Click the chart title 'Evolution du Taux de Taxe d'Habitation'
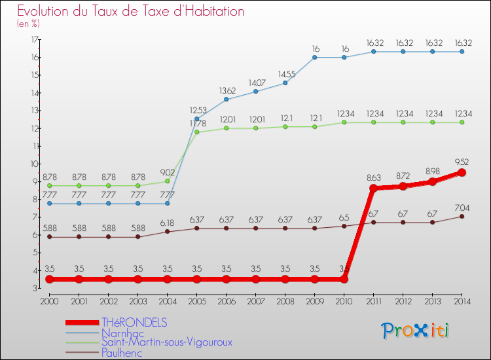click(131, 11)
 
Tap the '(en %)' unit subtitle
click(28, 24)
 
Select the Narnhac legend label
click(122, 333)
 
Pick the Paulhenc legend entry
click(122, 352)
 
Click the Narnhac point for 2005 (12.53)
click(196, 118)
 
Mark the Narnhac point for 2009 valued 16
click(314, 57)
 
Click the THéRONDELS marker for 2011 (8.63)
click(373, 189)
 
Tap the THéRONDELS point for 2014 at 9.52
click(462, 172)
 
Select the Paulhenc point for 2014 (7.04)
click(462, 217)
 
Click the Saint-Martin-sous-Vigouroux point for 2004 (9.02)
click(167, 181)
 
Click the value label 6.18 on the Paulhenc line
click(167, 223)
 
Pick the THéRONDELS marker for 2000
click(49, 279)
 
